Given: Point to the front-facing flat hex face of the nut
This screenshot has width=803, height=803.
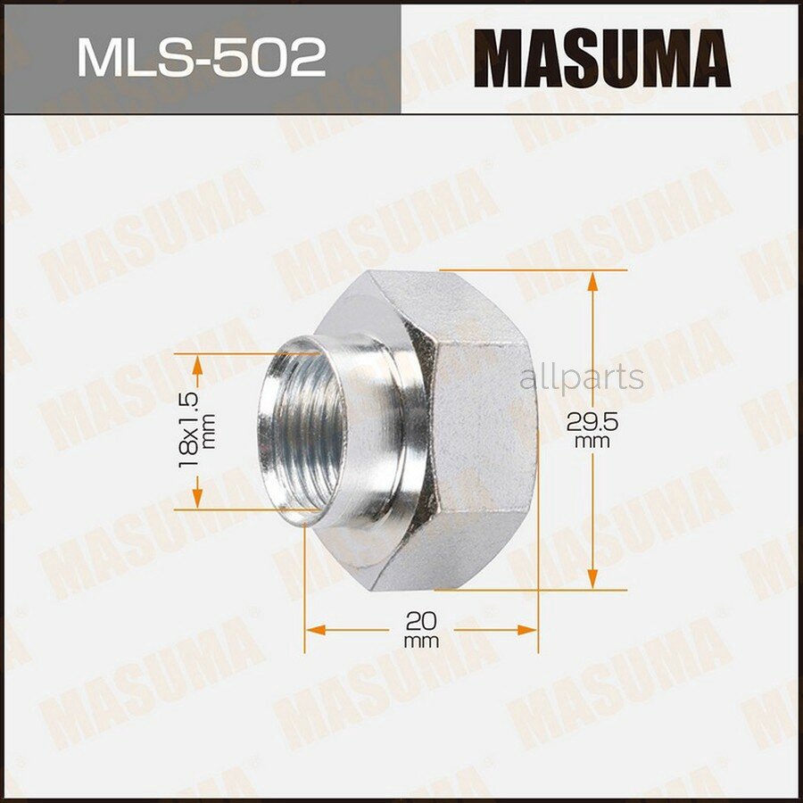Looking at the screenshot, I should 482,428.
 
